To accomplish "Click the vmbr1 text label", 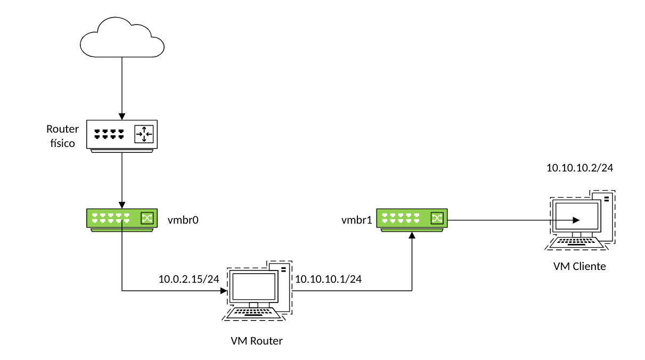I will tap(356, 219).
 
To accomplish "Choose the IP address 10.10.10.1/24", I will tap(329, 279).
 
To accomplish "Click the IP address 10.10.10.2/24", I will tap(580, 168).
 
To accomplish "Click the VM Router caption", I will tap(256, 341).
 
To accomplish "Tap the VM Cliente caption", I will tap(579, 266).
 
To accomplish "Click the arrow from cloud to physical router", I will tap(121, 85).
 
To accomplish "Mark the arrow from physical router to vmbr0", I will tap(121, 179).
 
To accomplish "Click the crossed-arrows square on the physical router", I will tap(144, 134).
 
